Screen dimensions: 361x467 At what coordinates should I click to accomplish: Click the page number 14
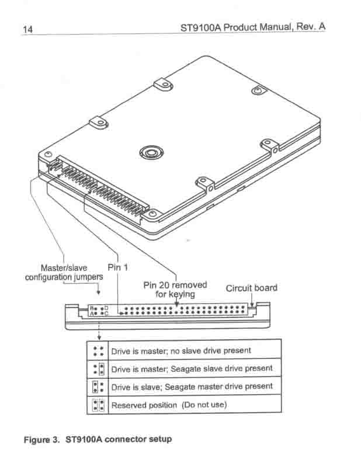tap(27, 29)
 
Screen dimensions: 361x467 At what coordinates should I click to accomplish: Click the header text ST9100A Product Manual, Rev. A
tap(253, 27)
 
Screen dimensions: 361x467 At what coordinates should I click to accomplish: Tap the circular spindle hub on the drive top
tap(151, 152)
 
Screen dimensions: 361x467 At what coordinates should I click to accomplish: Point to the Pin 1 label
tap(118, 267)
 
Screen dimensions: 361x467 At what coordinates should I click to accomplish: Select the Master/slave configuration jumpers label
tap(64, 273)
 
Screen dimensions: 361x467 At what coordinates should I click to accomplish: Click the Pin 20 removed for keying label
tap(175, 290)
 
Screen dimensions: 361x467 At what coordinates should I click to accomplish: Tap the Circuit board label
tap(252, 288)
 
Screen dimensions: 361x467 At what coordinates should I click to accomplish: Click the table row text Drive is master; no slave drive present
tap(181, 351)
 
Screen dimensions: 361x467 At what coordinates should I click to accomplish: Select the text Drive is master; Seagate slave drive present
tap(192, 369)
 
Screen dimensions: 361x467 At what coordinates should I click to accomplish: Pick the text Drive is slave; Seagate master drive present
tap(192, 386)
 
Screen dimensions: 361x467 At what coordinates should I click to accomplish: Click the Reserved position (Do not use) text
tap(169, 405)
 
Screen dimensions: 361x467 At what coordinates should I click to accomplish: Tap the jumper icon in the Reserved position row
tap(98, 405)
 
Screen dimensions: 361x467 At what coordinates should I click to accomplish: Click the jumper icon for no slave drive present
tap(98, 351)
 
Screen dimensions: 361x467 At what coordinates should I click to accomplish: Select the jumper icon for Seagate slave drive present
tap(99, 369)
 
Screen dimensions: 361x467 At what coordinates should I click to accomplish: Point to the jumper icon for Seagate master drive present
tap(98, 387)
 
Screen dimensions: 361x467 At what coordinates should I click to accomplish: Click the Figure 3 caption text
tap(98, 440)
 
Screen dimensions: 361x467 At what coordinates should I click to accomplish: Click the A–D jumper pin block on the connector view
tap(99, 311)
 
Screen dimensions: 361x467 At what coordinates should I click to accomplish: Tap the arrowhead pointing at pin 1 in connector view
tap(122, 313)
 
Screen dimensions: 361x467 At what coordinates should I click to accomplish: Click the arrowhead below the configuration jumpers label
tap(98, 292)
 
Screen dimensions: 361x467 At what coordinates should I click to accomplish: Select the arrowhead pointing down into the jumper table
tap(99, 337)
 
